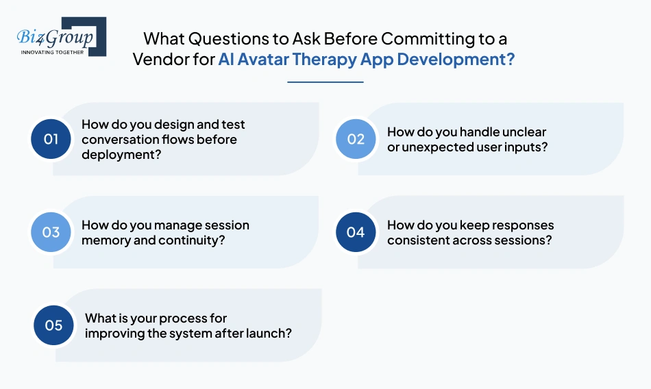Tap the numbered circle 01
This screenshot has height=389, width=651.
click(51, 139)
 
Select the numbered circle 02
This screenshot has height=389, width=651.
click(356, 139)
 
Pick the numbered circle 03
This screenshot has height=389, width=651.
click(51, 232)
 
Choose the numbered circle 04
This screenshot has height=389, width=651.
click(356, 232)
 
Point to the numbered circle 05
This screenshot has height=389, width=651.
click(54, 325)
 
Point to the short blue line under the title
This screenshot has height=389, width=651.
click(325, 82)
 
